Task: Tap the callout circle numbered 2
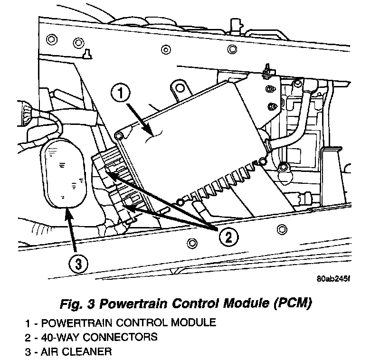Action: [228, 237]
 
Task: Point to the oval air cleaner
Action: [66, 174]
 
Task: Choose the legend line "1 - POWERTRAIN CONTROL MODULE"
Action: [121, 323]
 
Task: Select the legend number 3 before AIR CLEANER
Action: [29, 352]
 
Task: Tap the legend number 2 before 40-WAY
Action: [29, 338]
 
